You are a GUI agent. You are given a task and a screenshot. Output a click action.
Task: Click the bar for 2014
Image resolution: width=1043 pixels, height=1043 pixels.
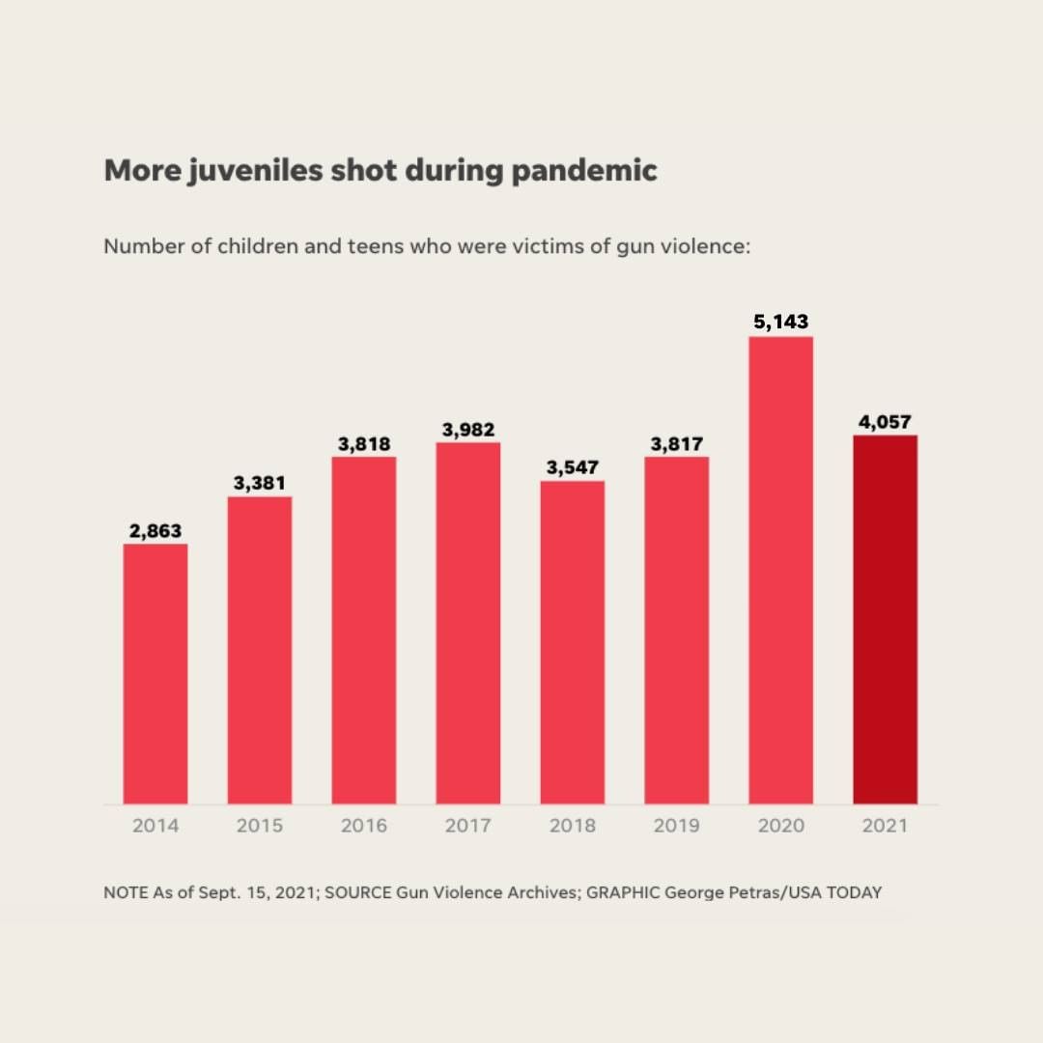click(x=155, y=673)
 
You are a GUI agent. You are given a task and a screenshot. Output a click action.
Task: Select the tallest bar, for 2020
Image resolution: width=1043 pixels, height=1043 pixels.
click(x=780, y=570)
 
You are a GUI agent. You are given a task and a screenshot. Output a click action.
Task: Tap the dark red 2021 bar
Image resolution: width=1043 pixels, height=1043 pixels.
click(x=885, y=619)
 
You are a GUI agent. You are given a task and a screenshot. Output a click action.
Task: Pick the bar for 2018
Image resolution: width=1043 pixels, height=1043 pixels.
click(x=572, y=642)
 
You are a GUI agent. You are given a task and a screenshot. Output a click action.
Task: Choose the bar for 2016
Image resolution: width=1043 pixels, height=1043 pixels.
click(x=364, y=630)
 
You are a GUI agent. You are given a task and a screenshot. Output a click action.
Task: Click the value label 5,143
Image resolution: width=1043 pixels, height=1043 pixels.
click(x=780, y=322)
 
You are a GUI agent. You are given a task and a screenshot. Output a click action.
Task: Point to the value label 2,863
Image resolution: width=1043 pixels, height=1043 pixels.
click(x=155, y=530)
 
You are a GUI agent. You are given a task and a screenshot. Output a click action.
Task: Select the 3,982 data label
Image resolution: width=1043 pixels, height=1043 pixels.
click(x=468, y=429)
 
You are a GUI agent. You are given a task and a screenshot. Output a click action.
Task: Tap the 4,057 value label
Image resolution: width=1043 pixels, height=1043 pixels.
click(x=885, y=421)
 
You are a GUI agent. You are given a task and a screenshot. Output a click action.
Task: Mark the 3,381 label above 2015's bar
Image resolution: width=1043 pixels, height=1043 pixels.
click(x=260, y=483)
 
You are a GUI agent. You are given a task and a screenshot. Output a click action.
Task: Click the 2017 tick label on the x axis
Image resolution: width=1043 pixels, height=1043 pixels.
click(x=468, y=827)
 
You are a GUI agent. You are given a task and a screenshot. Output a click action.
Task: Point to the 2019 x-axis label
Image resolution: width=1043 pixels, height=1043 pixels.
click(x=676, y=827)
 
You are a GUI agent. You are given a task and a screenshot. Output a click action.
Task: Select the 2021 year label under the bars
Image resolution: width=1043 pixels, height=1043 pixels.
click(x=885, y=827)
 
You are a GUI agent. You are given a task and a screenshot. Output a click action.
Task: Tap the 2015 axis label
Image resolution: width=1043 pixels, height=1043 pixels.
click(x=260, y=827)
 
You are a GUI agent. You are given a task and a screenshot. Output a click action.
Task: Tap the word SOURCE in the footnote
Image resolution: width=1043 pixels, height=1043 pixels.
click(x=358, y=893)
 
